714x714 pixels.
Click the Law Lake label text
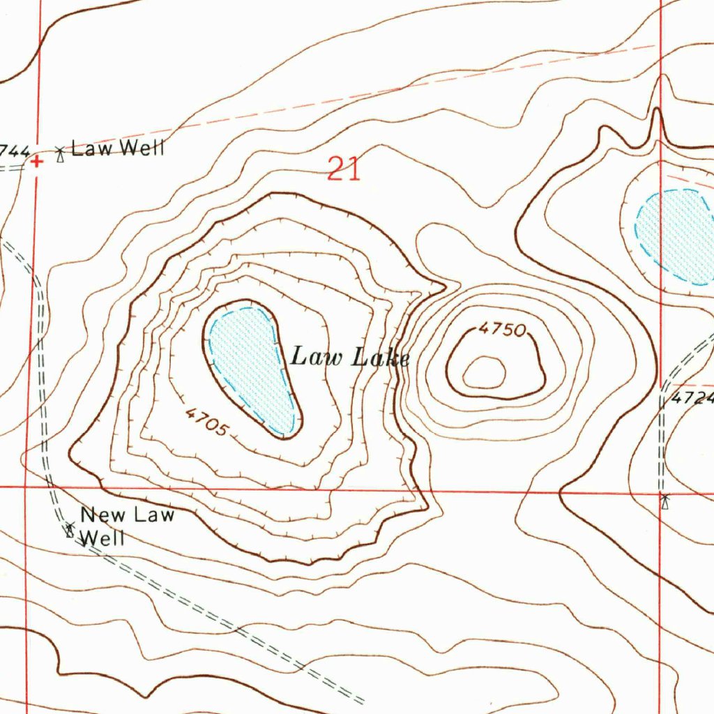[x=349, y=358]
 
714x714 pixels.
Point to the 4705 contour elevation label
[x=206, y=422]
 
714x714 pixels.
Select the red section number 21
[x=344, y=169]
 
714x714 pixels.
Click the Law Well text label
[x=118, y=148]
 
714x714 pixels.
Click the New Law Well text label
[x=126, y=526]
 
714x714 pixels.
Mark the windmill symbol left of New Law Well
[x=70, y=529]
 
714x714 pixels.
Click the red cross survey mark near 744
[x=36, y=161]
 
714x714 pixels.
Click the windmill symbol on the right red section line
[x=664, y=500]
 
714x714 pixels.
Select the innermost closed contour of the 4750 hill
[x=484, y=372]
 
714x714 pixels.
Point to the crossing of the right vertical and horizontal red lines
[x=660, y=492]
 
